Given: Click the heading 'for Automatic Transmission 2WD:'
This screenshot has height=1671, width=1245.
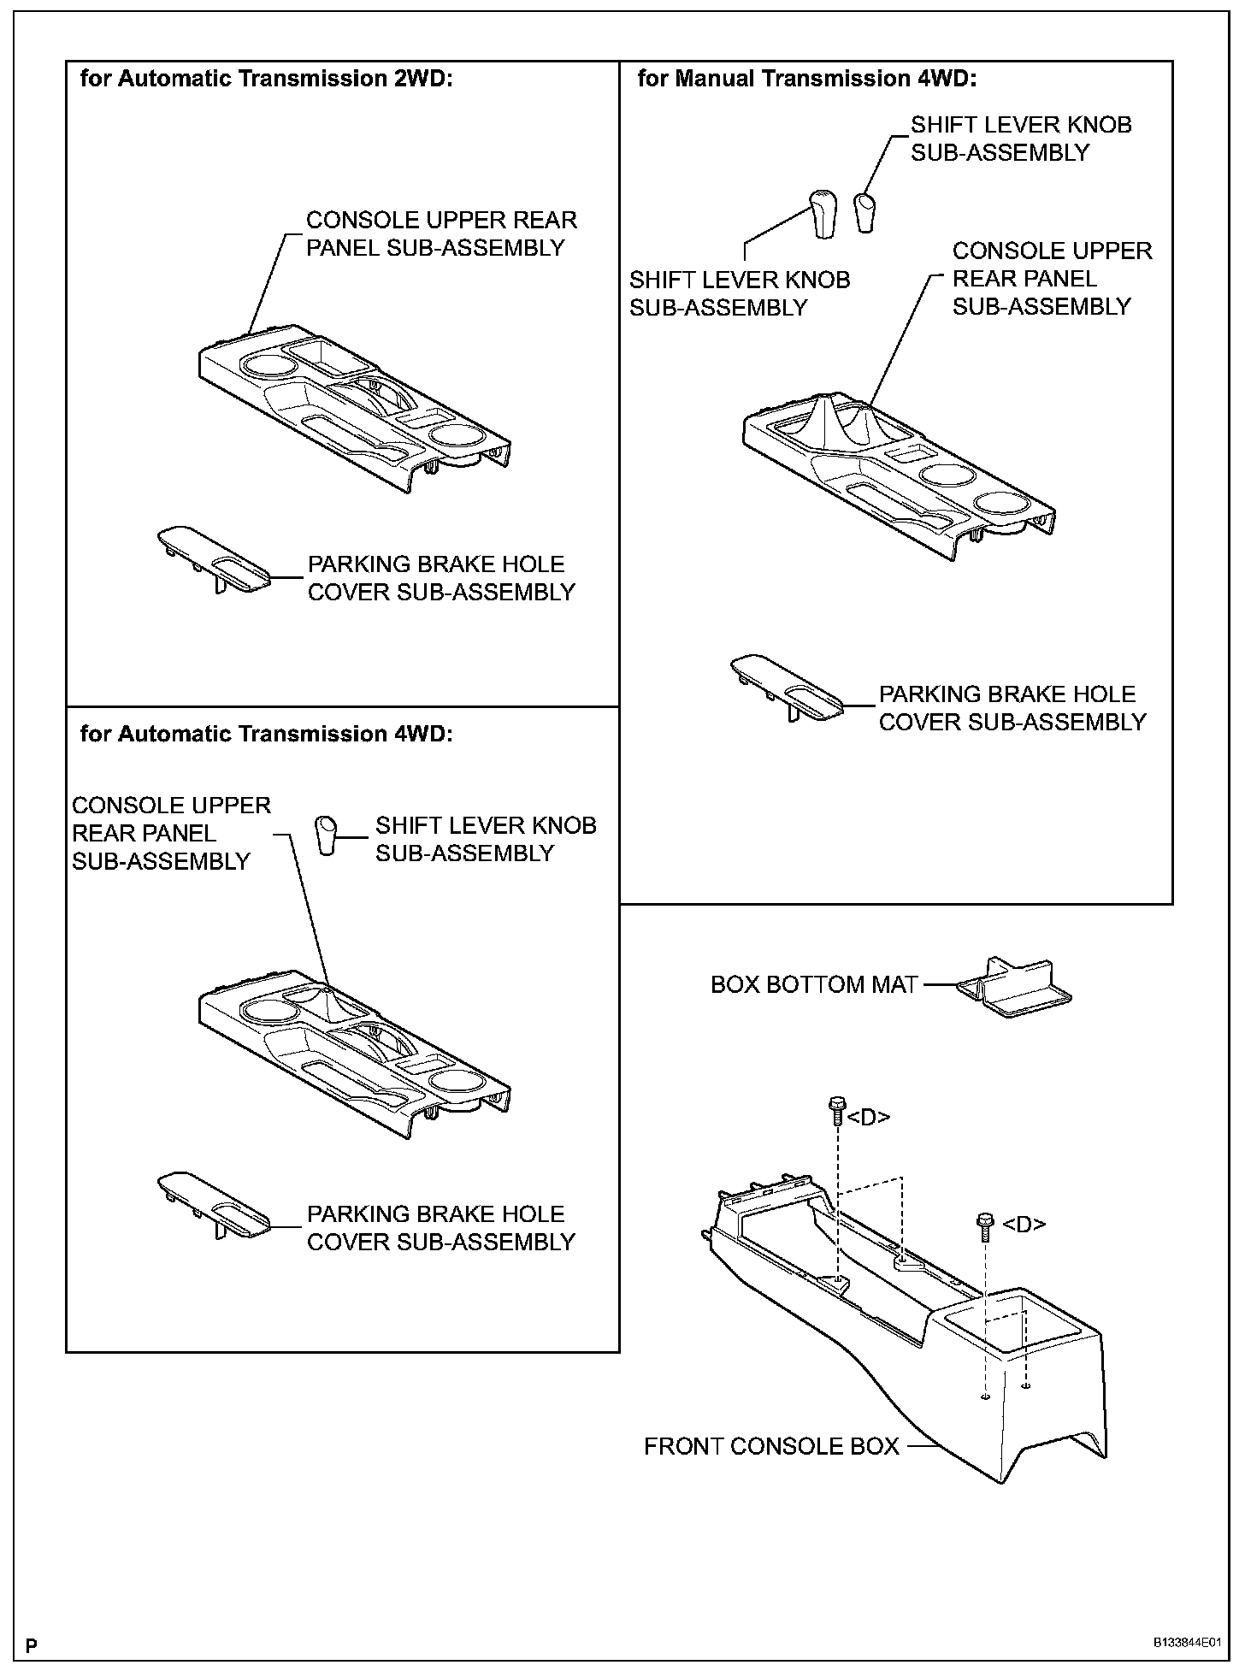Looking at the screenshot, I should pos(266,80).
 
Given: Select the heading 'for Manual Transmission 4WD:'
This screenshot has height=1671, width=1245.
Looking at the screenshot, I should pos(806,80).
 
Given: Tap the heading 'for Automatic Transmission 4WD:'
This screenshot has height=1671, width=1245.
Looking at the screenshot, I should pos(266,734).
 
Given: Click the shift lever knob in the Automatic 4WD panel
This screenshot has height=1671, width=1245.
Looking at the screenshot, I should pos(326,835).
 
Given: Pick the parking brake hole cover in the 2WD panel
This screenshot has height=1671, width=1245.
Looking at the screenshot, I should pos(213,560).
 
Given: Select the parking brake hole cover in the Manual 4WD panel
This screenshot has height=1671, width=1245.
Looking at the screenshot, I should pos(787,689).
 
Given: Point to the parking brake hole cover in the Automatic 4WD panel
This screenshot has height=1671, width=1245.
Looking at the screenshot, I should pos(213,1206).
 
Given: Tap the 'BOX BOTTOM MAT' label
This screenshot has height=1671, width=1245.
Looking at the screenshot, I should pos(814,985).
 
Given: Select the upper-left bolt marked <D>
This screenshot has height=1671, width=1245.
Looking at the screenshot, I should pos(836,1113).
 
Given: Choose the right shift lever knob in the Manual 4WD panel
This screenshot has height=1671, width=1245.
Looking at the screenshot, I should pos(865,213).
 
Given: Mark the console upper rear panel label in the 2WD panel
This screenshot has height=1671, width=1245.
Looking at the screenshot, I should pos(441,233).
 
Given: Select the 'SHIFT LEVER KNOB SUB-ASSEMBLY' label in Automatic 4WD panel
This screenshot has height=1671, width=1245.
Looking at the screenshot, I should pos(486,839).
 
